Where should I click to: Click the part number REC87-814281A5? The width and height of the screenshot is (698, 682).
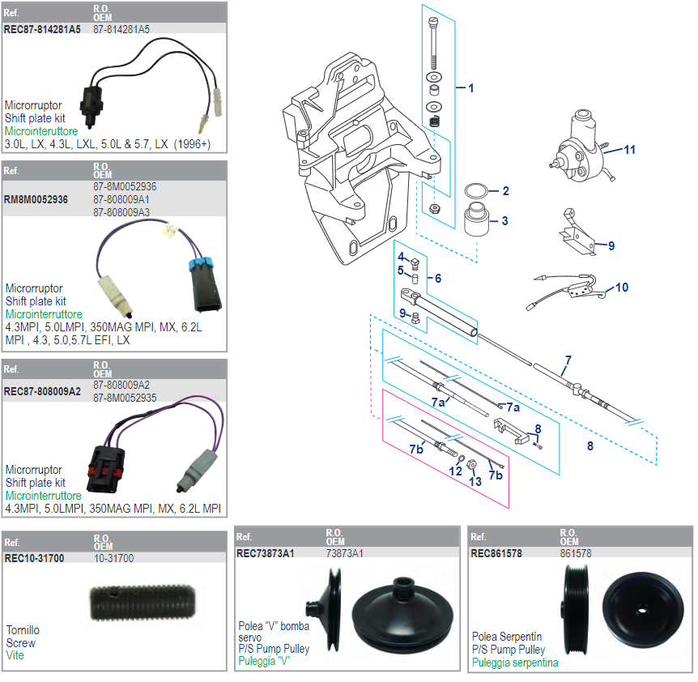point(42,29)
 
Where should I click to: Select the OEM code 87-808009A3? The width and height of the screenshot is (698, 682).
point(121,212)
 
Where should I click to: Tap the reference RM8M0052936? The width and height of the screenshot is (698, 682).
point(36,199)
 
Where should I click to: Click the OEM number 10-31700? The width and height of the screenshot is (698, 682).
point(113,558)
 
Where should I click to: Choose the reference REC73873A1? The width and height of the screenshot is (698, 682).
point(265,554)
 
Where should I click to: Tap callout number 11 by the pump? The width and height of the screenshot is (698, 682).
point(629,150)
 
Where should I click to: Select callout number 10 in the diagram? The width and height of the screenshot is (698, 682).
point(621,287)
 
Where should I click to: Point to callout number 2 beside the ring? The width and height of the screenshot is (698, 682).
point(505,191)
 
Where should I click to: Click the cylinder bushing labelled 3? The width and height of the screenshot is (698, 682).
point(477,220)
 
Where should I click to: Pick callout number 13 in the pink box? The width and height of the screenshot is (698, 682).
point(475,480)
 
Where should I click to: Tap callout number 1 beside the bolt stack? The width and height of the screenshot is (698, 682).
point(470,88)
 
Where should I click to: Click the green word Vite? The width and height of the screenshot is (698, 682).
point(15,656)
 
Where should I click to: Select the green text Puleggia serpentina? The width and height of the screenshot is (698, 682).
point(515,663)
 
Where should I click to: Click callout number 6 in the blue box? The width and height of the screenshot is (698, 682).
point(437,278)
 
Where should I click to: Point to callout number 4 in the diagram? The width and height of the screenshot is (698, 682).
point(400,257)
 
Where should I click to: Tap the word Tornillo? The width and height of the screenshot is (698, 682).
point(23,630)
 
